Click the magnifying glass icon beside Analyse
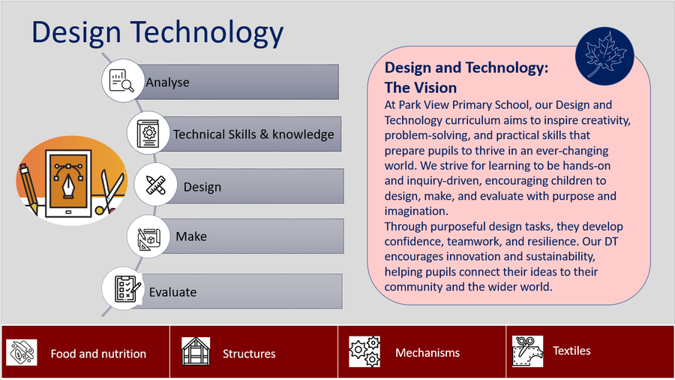(x=121, y=80)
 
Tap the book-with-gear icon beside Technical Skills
(x=148, y=133)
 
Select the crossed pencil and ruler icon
(x=155, y=185)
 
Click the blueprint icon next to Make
(x=148, y=238)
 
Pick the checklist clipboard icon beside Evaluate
(x=127, y=288)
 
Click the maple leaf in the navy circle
(x=604, y=55)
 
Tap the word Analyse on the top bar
(x=167, y=83)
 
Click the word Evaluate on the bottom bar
(x=172, y=292)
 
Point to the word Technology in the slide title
(x=207, y=33)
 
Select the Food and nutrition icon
(x=22, y=352)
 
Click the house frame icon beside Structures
(x=196, y=351)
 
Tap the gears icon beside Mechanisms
(x=364, y=351)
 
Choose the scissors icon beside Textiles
(x=527, y=351)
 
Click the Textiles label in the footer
(x=571, y=351)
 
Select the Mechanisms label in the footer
(x=427, y=353)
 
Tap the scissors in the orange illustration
(x=109, y=192)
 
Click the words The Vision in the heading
(x=421, y=87)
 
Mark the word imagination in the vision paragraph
(x=416, y=211)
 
